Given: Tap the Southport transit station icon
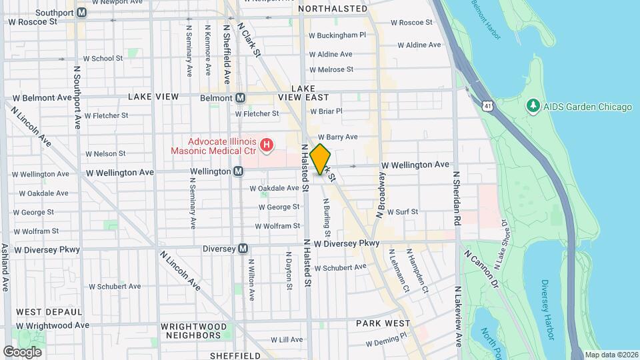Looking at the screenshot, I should point(81,12).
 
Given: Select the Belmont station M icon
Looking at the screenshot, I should point(241,97).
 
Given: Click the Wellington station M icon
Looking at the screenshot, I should point(238,172).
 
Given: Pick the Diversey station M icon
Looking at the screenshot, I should point(243,248).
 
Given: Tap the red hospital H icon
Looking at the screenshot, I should point(267,144).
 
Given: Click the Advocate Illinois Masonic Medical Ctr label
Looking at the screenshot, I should point(222,147).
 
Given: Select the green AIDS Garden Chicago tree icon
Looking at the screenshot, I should point(533,107).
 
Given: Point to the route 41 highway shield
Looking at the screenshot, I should point(489,106).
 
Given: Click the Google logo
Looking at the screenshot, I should point(22,351).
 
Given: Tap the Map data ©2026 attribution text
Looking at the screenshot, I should point(611,355).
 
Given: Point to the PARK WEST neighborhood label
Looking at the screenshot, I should point(383,323).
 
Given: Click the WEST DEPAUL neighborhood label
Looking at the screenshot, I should point(49,312).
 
